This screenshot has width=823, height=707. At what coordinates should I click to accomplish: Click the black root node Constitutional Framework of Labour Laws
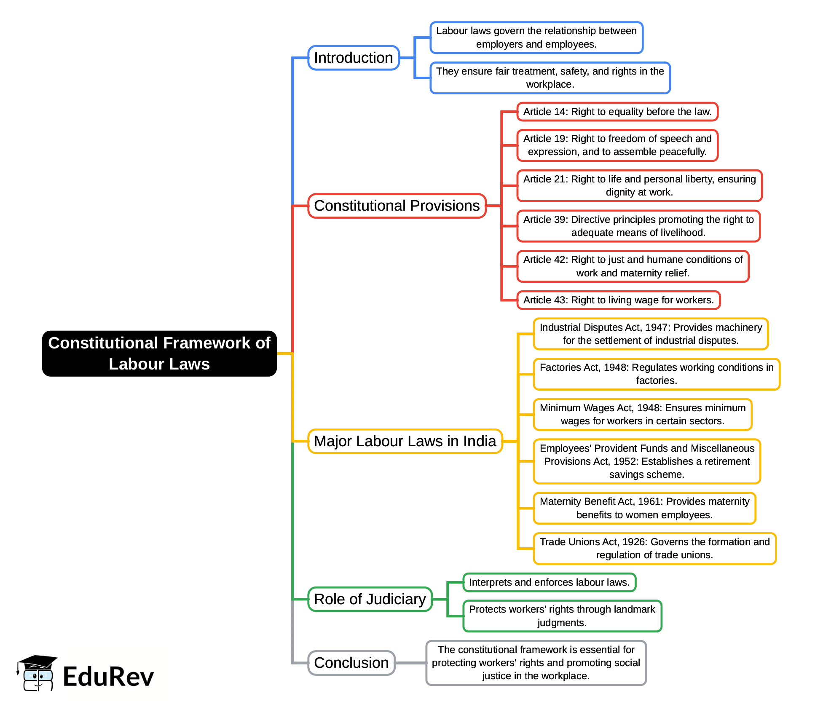click(x=159, y=353)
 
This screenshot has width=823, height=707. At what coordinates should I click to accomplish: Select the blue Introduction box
click(x=353, y=58)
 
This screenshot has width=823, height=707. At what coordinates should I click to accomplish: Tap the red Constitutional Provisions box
click(x=397, y=206)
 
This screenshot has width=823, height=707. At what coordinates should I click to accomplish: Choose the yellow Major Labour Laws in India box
click(x=405, y=441)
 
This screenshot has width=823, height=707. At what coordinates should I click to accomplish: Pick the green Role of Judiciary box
click(x=370, y=599)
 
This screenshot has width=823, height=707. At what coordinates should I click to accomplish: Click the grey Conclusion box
click(x=351, y=663)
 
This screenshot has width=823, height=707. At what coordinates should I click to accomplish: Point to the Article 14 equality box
click(x=617, y=112)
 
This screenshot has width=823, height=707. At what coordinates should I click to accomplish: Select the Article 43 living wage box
click(x=618, y=300)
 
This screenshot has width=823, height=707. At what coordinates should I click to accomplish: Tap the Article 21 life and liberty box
click(x=639, y=185)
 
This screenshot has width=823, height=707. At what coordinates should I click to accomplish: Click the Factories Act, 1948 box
click(x=656, y=374)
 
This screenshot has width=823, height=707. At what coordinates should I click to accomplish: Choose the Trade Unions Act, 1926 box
click(x=654, y=548)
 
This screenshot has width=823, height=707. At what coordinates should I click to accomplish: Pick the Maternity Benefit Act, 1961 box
click(x=644, y=508)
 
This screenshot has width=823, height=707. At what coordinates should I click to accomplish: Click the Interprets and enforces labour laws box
click(x=549, y=582)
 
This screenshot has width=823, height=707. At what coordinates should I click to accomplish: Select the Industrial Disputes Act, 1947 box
click(x=651, y=334)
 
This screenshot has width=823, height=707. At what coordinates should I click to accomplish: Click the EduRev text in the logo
click(x=108, y=677)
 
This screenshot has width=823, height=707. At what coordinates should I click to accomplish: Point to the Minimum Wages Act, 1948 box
click(x=642, y=414)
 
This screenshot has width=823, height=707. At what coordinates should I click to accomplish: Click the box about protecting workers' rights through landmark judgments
click(x=562, y=616)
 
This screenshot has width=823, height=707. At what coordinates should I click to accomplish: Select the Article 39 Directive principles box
click(x=638, y=226)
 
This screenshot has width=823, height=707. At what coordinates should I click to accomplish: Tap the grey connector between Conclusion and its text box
click(x=410, y=663)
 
